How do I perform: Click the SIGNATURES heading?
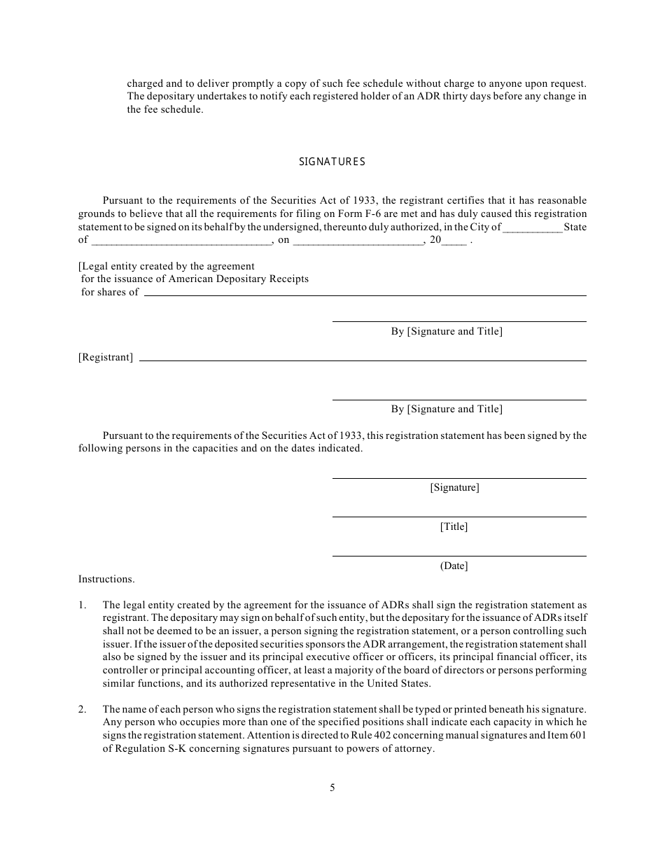(332, 162)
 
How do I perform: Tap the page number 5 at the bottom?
(332, 787)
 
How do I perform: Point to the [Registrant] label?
(106, 358)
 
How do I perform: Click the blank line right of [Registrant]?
(363, 360)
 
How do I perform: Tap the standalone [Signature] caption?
(454, 488)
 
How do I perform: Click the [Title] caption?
(454, 527)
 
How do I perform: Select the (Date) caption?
(454, 566)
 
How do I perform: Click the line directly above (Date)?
(459, 556)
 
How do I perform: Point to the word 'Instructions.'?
(106, 579)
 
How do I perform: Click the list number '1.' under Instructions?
(83, 604)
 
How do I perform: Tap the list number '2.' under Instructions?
(83, 710)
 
